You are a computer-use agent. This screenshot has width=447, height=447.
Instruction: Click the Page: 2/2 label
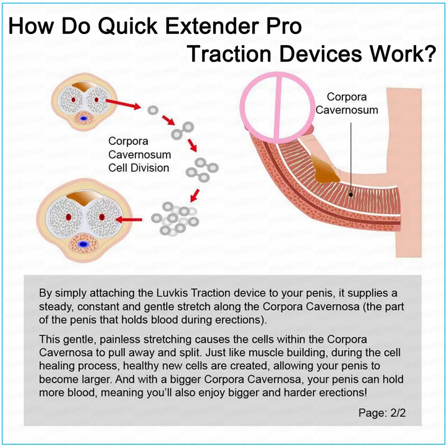coord(382,413)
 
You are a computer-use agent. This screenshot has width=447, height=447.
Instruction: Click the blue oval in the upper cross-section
coord(83,118)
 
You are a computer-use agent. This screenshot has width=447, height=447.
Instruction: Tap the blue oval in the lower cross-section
coord(83,244)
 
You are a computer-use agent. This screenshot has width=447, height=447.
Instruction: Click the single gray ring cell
coord(153,110)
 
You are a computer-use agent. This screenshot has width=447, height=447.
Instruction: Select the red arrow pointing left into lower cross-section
coord(129,219)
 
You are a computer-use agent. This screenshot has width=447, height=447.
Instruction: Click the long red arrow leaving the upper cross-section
coord(123,104)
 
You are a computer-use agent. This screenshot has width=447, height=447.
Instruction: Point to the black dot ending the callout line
coord(351,195)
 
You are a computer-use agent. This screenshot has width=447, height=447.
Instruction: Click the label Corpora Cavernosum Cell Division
coord(139,155)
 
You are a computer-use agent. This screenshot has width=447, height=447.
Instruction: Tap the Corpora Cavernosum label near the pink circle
coord(346,103)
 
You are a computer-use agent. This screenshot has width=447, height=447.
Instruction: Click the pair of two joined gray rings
coord(183,130)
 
